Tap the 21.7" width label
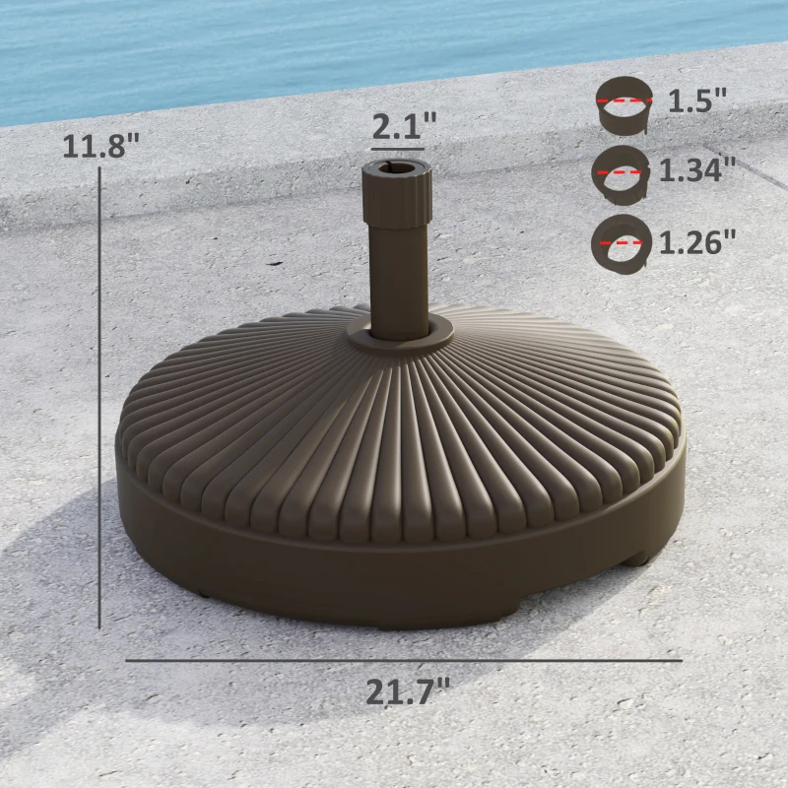(408, 691)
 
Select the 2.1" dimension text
(404, 127)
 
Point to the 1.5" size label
(697, 100)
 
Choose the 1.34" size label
(697, 170)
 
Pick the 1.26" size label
(696, 241)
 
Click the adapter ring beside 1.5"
(624, 106)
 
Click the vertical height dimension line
(100, 394)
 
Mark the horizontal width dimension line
(404, 660)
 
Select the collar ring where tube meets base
(398, 335)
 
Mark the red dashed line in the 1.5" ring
(624, 99)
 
